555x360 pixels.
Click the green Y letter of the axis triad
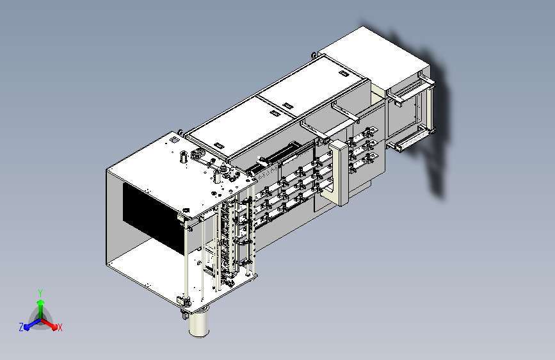click(40, 293)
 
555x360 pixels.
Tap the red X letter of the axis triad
click(60, 327)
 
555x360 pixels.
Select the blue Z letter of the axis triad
click(21, 327)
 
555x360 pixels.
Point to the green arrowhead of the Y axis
click(41, 302)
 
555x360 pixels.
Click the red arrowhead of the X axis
click(54, 327)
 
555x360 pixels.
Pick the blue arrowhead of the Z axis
click(27, 327)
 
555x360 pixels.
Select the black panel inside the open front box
click(153, 217)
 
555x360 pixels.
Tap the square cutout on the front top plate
click(174, 140)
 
